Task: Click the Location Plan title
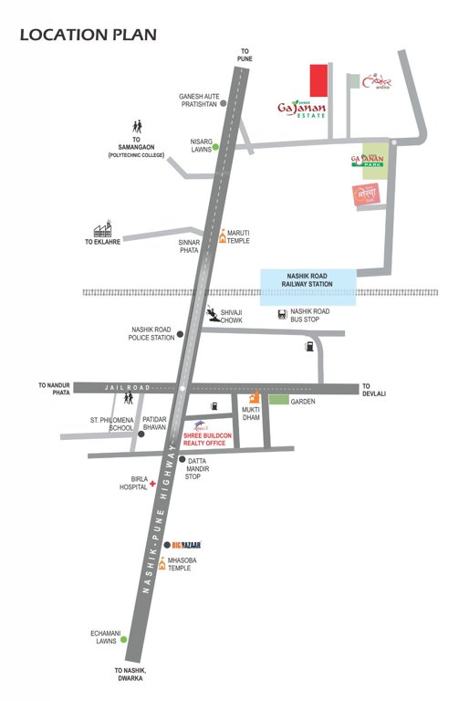pyautogui.click(x=88, y=36)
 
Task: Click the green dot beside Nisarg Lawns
pyautogui.click(x=215, y=146)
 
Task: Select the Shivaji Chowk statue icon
pyautogui.click(x=212, y=312)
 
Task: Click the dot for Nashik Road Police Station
pyautogui.click(x=181, y=334)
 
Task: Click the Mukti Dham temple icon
pyautogui.click(x=255, y=397)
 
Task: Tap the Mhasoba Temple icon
pyautogui.click(x=162, y=562)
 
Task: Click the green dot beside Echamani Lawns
pyautogui.click(x=124, y=640)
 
